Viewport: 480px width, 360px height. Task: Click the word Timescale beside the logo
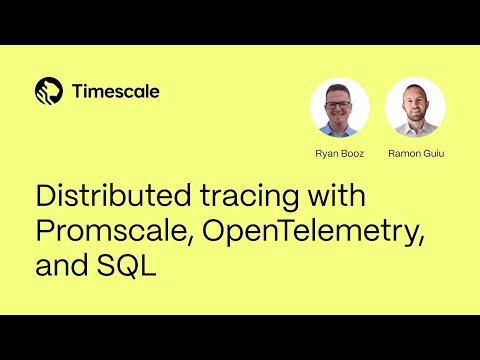(116, 91)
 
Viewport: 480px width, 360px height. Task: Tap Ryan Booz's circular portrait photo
(339, 107)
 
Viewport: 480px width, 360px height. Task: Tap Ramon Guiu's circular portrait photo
(414, 107)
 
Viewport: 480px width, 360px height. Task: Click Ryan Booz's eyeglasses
(339, 104)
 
